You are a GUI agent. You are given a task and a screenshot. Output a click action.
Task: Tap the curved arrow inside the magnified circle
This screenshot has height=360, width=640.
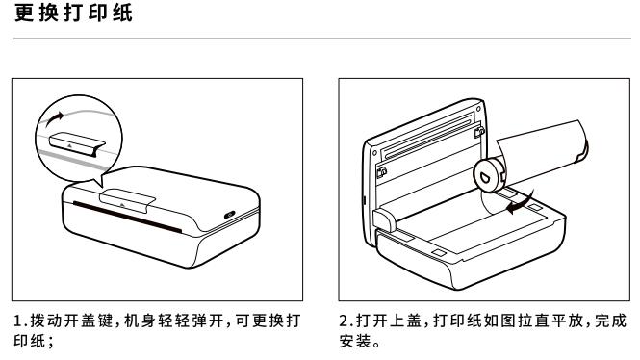pos(50,120)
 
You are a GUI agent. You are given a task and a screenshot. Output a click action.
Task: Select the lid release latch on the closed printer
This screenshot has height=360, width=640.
pos(123,200)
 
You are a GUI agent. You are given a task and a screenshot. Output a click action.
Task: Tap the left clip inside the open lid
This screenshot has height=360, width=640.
pos(381,174)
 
